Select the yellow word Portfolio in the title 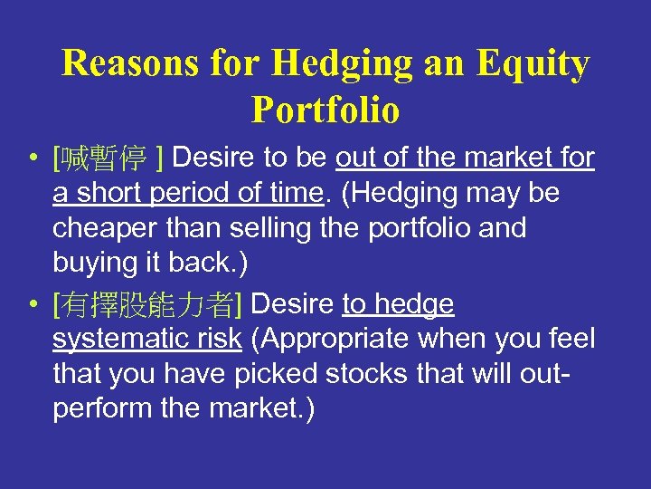(x=325, y=110)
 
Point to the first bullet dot (x=32, y=159)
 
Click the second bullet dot (x=32, y=306)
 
